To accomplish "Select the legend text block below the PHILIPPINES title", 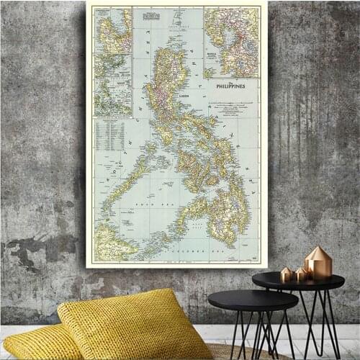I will [232, 108].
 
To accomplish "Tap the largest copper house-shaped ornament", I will [318, 263].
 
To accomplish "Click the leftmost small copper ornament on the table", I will [285, 274].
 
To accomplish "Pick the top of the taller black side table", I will [297, 282].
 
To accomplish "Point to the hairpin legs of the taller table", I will [317, 324].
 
